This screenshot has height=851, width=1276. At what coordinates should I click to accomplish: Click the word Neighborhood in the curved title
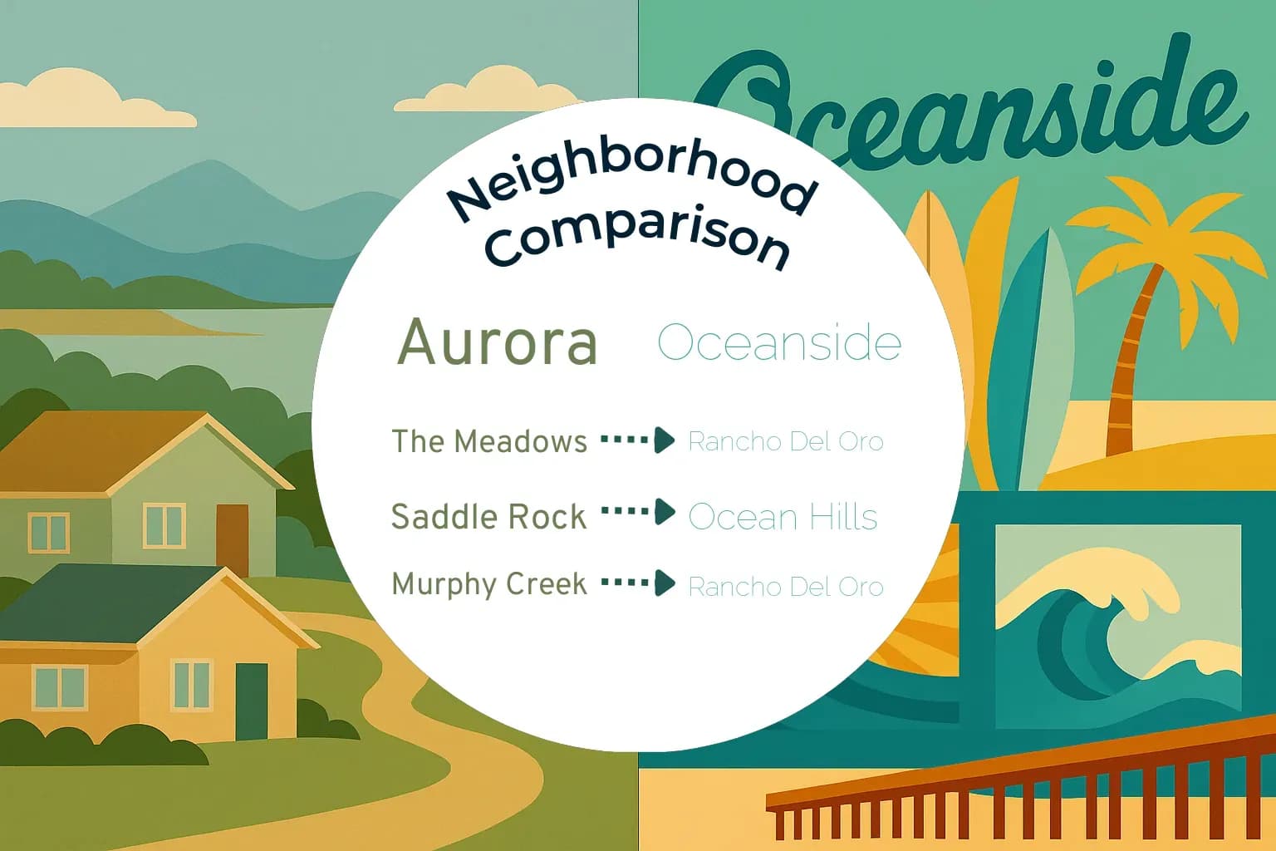631,181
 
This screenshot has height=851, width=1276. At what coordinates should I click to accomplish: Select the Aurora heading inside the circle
498,342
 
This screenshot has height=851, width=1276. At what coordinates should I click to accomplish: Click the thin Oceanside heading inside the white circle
779,342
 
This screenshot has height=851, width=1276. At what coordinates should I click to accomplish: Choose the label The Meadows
489,441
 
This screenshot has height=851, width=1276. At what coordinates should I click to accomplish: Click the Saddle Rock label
488,517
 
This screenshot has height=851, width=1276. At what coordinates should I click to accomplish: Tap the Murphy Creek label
489,584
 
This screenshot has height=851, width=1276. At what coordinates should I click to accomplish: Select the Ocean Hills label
783,517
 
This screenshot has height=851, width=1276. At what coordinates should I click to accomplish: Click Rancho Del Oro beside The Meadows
786,441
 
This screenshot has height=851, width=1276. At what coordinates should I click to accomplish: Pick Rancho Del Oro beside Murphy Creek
786,587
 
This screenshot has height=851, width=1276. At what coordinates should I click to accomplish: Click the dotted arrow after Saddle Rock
638,511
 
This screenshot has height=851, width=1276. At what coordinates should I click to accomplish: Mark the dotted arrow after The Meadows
638,440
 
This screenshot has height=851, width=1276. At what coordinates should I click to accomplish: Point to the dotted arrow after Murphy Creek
638,583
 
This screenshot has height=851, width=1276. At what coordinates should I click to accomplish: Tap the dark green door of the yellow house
252,701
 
